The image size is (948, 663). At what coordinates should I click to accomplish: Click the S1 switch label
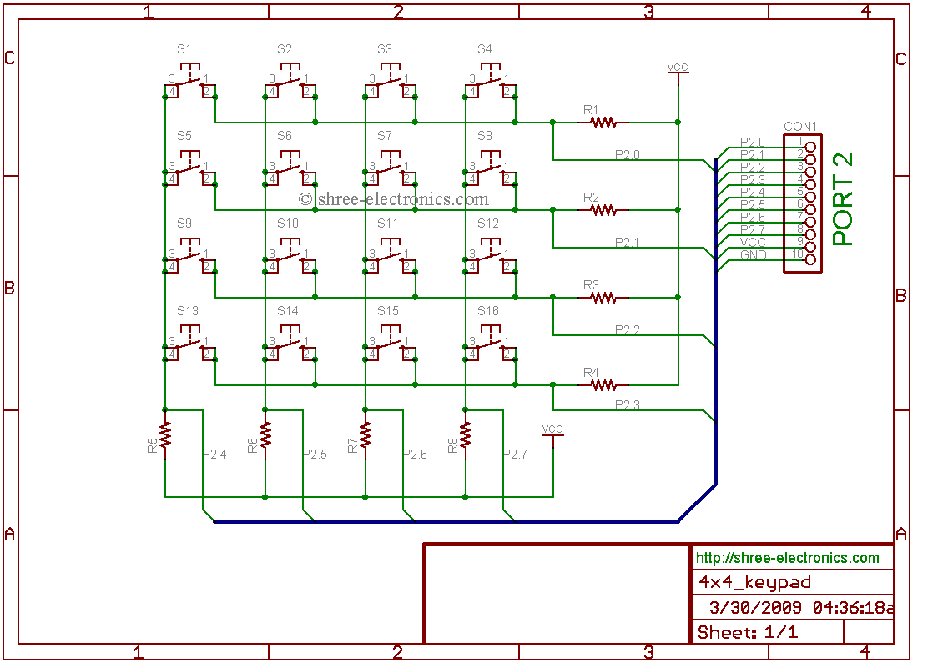(x=184, y=49)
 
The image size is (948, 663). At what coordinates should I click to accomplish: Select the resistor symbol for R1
(x=603, y=123)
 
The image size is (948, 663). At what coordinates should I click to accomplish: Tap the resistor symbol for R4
(x=603, y=385)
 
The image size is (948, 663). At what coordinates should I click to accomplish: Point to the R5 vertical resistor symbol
(x=165, y=434)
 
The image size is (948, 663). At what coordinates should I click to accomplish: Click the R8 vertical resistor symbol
(x=466, y=434)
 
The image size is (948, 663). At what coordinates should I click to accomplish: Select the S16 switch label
(x=488, y=311)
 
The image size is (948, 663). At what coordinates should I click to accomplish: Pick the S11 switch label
(x=387, y=224)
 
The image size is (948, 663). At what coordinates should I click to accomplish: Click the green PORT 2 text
(x=844, y=199)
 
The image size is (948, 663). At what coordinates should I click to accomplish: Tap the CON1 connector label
(x=800, y=128)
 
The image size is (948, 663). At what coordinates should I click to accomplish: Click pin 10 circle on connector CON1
(x=809, y=259)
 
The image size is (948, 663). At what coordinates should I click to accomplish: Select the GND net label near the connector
(x=753, y=254)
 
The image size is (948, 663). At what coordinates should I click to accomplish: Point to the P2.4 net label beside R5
(x=214, y=455)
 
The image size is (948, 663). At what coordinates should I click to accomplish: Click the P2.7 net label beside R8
(x=515, y=455)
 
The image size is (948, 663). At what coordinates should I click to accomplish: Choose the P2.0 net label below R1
(x=628, y=155)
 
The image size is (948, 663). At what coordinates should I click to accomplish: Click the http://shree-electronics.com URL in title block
(x=787, y=558)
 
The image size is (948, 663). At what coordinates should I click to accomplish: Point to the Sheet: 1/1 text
(x=747, y=632)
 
